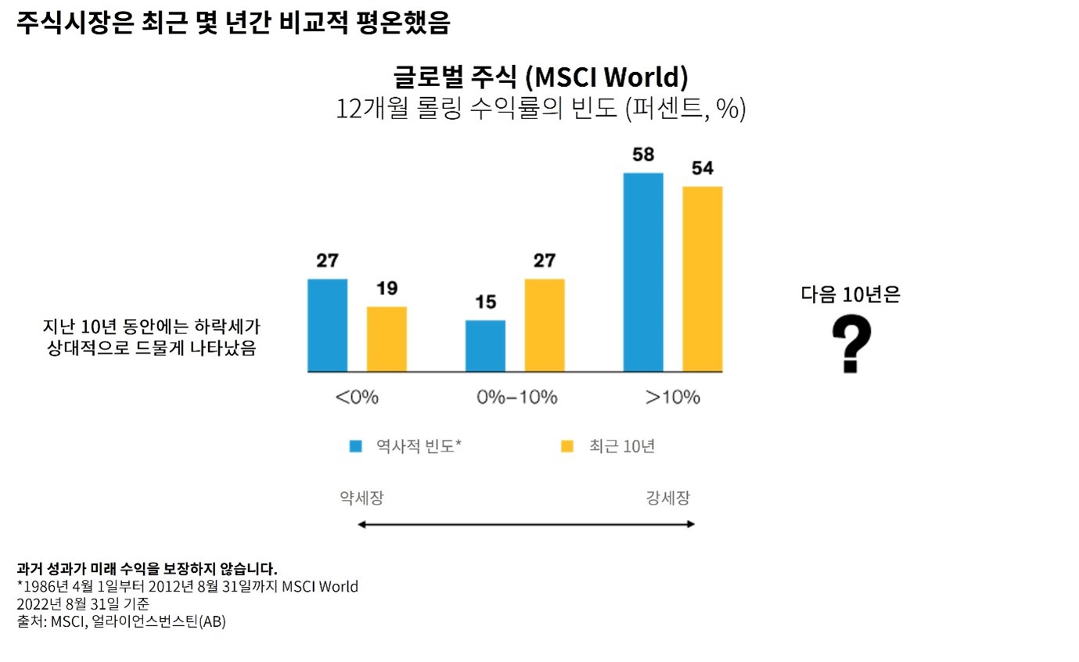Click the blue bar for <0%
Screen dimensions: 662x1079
327,325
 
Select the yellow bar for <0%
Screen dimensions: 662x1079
387,339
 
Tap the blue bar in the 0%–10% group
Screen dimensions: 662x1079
485,346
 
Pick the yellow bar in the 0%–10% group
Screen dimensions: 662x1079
545,325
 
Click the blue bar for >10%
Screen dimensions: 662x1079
643,272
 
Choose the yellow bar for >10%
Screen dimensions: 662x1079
703,279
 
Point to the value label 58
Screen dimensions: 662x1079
643,155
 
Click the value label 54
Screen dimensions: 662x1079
703,168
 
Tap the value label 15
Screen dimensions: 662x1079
485,302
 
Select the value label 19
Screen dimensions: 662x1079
387,289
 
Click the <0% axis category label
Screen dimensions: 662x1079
357,397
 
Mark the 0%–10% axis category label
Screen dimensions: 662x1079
516,397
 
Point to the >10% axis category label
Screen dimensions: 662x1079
672,397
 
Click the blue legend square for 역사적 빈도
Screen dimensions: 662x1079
356,446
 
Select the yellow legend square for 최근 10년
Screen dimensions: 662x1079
568,446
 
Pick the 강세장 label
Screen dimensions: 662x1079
668,498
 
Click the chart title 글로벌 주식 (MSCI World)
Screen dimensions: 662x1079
540,77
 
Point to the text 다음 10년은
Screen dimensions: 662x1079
851,295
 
